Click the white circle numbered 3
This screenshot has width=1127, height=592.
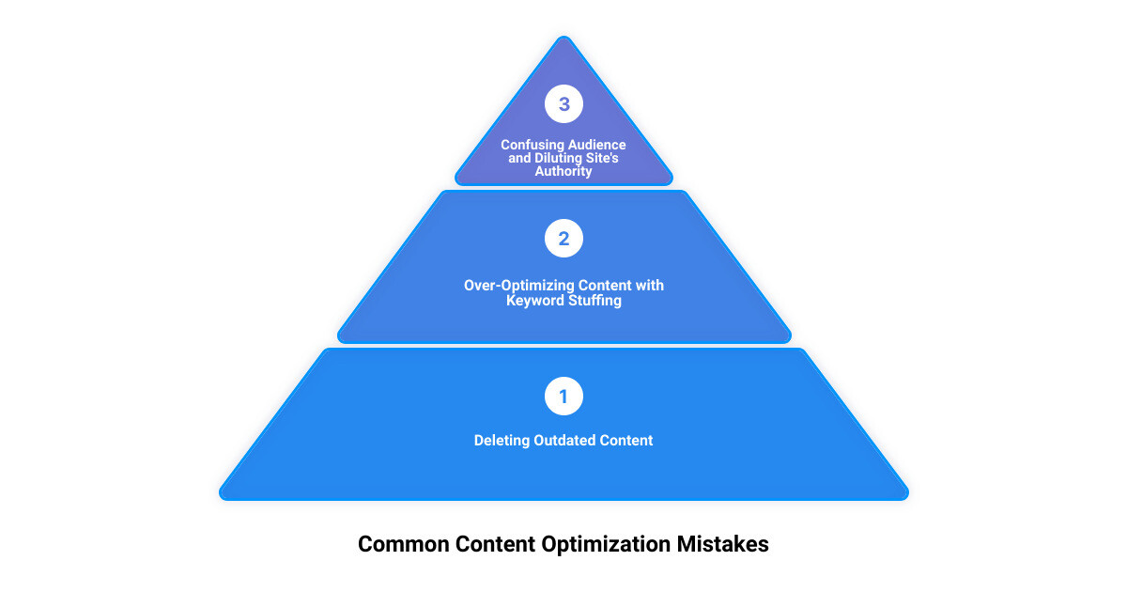pyautogui.click(x=563, y=103)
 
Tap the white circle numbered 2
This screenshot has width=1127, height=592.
pyautogui.click(x=563, y=238)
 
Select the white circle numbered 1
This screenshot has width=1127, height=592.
pyautogui.click(x=563, y=397)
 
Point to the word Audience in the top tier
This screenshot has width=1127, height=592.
pyautogui.click(x=596, y=145)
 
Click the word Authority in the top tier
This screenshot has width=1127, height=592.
pyautogui.click(x=563, y=171)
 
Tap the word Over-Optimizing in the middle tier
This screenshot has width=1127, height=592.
pyautogui.click(x=518, y=286)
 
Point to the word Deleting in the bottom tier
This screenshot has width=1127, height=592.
pyautogui.click(x=502, y=441)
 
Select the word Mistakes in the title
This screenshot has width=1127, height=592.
pyautogui.click(x=722, y=544)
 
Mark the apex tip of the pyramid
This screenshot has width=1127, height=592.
pyautogui.click(x=564, y=37)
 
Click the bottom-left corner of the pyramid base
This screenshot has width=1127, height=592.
pyautogui.click(x=222, y=497)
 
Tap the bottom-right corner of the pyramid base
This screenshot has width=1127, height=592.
pyautogui.click(x=906, y=497)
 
